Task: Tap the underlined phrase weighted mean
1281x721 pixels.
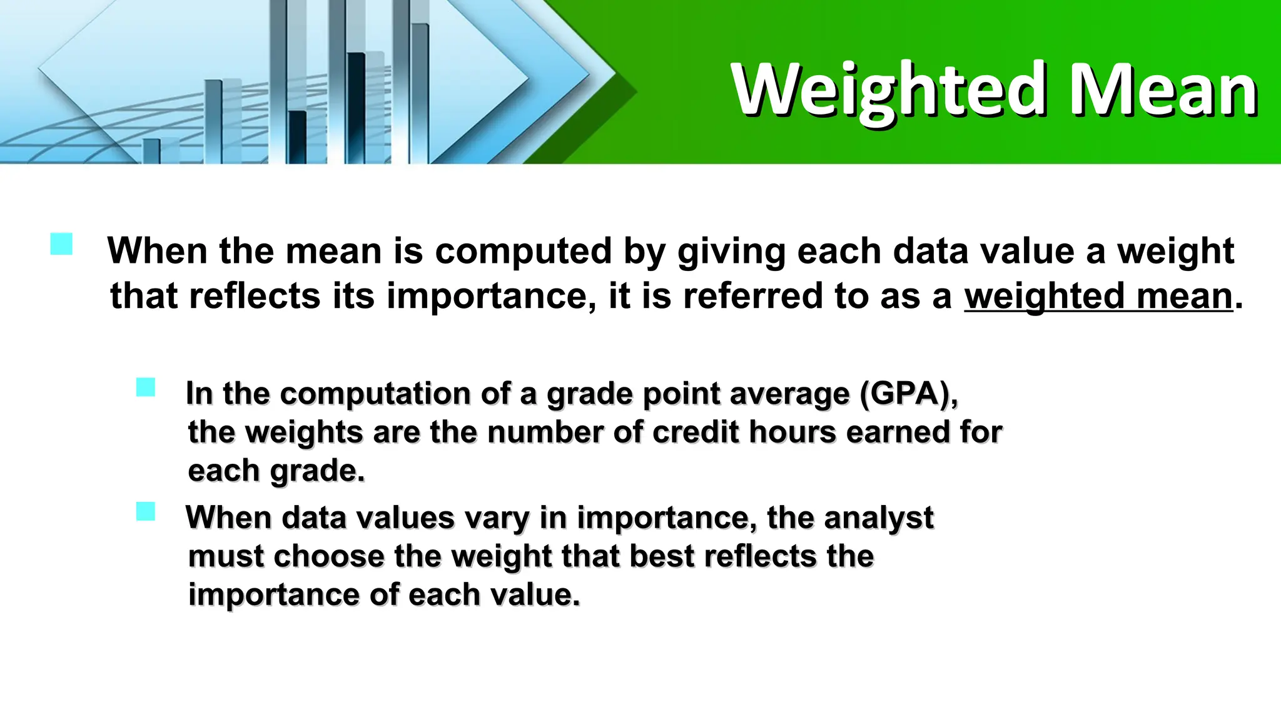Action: pyautogui.click(x=1098, y=296)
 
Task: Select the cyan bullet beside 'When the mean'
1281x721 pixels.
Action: pyautogui.click(x=61, y=244)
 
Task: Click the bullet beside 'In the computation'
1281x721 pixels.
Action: pyautogui.click(x=146, y=387)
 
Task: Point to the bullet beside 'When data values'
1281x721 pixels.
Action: pyautogui.click(x=146, y=511)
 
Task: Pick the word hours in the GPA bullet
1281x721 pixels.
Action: pyautogui.click(x=792, y=432)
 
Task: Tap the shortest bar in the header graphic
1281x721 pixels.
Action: pyautogui.click(x=151, y=151)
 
